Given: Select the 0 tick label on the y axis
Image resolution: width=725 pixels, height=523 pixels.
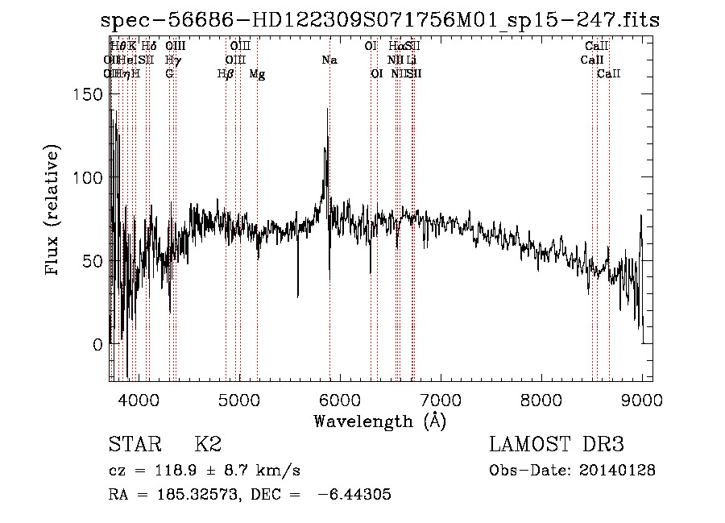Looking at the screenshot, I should tap(98, 344).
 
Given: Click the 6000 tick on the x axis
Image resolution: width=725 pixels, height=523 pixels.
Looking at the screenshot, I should tap(340, 399).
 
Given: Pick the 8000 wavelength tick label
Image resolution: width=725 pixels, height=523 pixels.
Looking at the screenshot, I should tap(541, 399).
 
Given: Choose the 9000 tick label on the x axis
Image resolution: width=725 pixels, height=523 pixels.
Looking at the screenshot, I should tap(642, 399).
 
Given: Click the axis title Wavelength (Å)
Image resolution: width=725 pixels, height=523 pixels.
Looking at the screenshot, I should tap(379, 421).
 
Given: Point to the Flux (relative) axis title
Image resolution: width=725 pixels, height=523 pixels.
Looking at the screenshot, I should tap(54, 211).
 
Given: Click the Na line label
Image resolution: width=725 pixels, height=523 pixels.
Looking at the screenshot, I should tap(329, 60).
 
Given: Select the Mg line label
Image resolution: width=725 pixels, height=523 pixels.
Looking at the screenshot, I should tap(257, 74).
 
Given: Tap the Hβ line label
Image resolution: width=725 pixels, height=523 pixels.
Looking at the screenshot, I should tap(226, 74).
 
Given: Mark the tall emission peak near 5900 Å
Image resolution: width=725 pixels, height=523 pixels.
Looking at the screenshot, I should tap(327, 110).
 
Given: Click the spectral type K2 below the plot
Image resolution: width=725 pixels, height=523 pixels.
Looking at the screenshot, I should tap(208, 445).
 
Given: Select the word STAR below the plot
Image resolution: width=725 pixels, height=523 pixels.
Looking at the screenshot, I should tap(134, 445).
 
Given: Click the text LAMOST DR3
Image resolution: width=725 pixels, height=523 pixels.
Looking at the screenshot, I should tap(556, 445).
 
